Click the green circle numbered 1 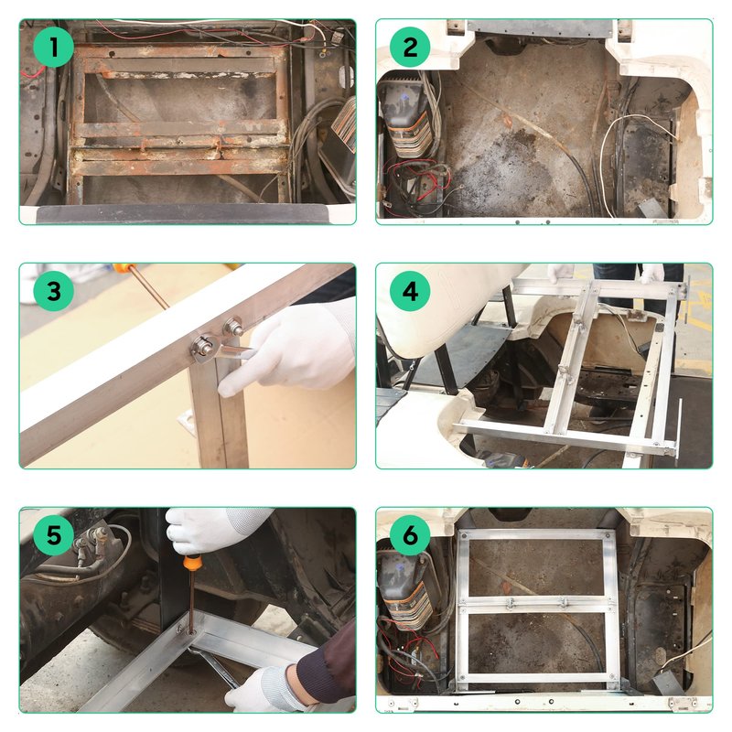coord(54,48)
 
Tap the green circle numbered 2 coord(410,48)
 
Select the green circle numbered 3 coord(54,291)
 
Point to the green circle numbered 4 coord(410,291)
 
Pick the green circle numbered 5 coord(54,535)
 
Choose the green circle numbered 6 coord(410,535)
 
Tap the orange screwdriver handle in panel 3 coord(123,268)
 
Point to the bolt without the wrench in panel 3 coord(232,327)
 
